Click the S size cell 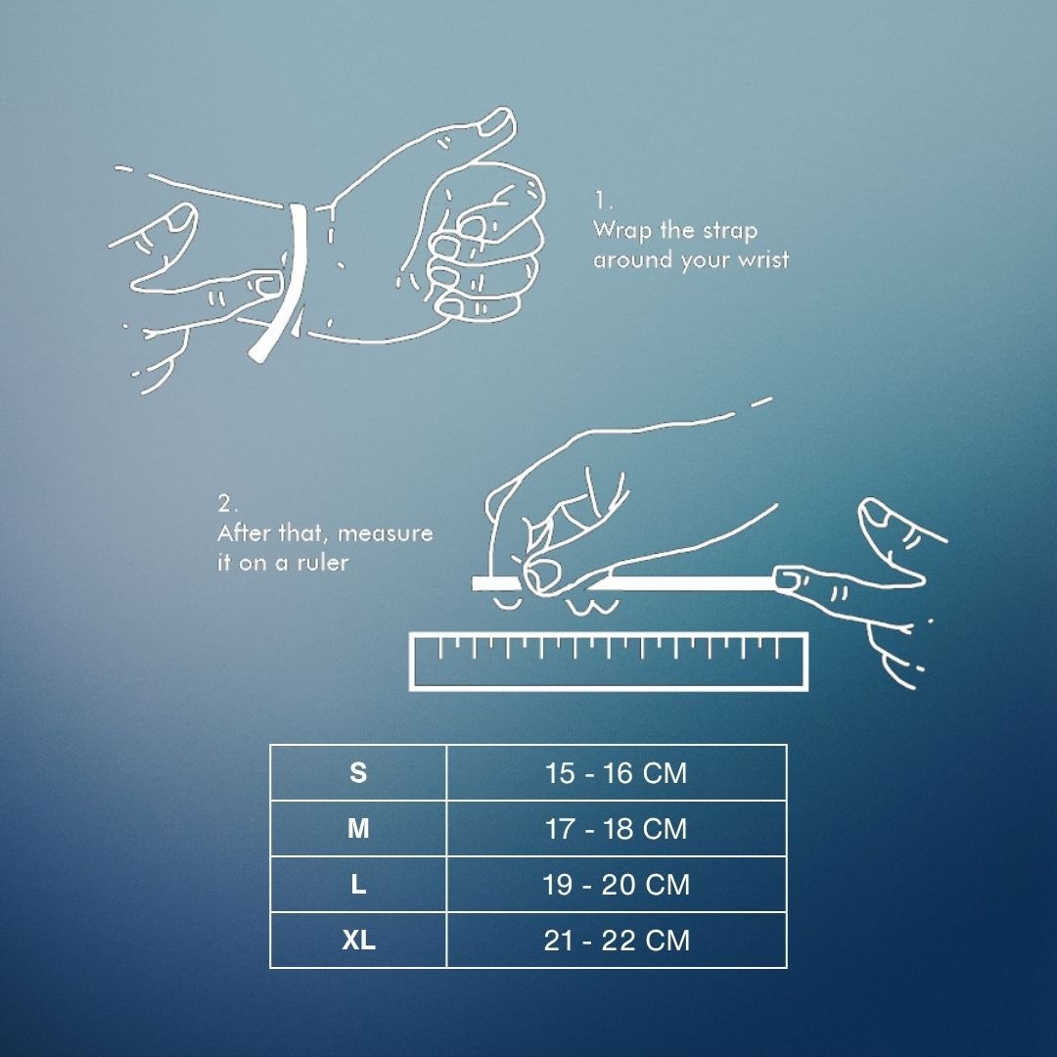(358, 772)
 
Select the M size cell (358, 829)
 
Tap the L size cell (358, 885)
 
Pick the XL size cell (358, 941)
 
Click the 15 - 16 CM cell (617, 772)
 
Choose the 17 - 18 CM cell (617, 829)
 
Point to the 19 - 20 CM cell (617, 885)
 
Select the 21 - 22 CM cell (617, 941)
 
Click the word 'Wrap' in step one (622, 231)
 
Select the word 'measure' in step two (385, 533)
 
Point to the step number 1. (602, 201)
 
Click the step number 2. (227, 503)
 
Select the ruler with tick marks (609, 662)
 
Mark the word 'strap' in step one (730, 231)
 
